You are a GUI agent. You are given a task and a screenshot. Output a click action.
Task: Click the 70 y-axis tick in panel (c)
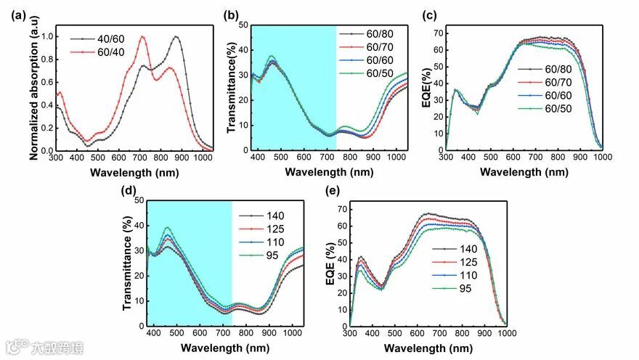pos(436,34)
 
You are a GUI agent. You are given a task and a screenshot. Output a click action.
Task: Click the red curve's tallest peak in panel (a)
pos(143,37)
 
